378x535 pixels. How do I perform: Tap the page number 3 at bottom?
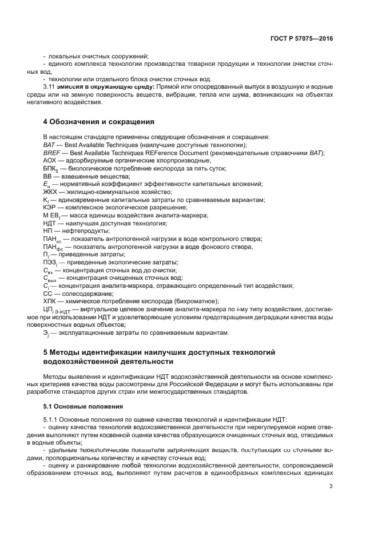tap(331, 486)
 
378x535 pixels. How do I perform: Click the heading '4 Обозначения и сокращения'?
tap(98, 122)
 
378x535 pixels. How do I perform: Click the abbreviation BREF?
tap(52, 153)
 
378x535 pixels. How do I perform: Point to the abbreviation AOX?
tap(50, 161)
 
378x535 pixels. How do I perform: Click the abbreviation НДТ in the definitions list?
tap(51, 223)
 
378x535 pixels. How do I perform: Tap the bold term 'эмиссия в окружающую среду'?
tap(108, 87)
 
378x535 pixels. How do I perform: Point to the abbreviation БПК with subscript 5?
tap(52, 169)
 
